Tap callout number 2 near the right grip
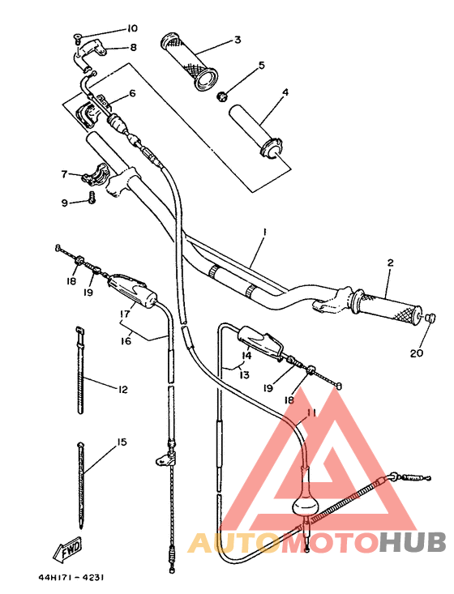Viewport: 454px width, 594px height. [x=390, y=263]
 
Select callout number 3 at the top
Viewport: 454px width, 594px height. [x=238, y=39]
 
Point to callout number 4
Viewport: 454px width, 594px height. [x=285, y=92]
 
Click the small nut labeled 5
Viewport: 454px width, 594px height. [x=221, y=97]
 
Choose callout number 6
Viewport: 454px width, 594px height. [x=131, y=93]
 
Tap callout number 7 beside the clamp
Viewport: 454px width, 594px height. [x=64, y=173]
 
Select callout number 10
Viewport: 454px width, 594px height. [x=132, y=28]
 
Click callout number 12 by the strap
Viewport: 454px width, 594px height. [x=122, y=390]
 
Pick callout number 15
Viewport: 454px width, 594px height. [x=122, y=442]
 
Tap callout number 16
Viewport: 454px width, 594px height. [x=126, y=341]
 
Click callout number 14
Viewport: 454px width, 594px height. [x=246, y=355]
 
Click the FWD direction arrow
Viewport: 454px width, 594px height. [x=71, y=550]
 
